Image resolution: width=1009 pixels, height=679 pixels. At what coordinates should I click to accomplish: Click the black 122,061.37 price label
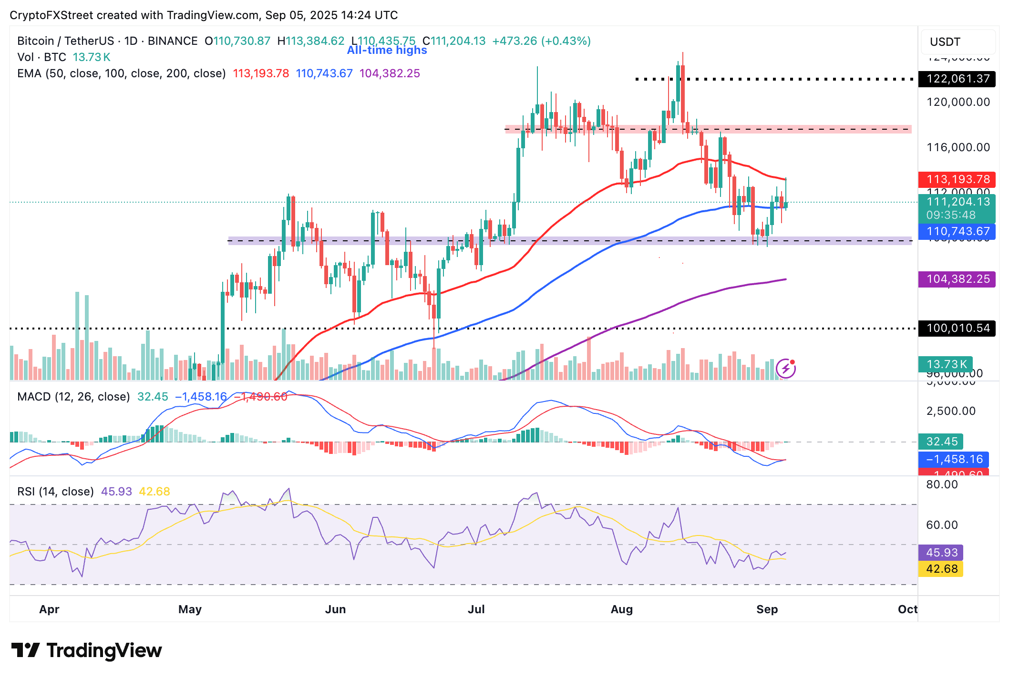click(957, 79)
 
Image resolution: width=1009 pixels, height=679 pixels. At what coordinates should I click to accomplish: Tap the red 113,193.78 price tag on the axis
click(957, 180)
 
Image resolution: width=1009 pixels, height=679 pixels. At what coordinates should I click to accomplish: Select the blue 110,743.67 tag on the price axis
click(957, 232)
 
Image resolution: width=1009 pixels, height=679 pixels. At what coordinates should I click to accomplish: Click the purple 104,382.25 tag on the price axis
click(957, 279)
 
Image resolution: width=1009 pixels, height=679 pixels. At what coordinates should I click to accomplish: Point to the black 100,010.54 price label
click(957, 329)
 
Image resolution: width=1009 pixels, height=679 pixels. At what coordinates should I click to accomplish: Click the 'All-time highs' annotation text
click(387, 50)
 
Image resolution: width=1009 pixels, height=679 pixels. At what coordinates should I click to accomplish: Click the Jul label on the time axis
click(476, 609)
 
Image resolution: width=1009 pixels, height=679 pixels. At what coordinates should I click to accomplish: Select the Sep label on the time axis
click(767, 609)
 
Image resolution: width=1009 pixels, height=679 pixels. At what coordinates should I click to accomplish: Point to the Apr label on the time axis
click(49, 609)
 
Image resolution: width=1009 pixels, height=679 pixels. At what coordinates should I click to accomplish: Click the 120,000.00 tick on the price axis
click(958, 102)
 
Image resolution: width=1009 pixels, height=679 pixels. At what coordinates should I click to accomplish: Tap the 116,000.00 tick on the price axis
click(958, 147)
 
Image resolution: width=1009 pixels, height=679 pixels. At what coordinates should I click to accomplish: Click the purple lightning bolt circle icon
click(785, 368)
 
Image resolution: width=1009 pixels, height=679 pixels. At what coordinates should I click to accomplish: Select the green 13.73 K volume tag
click(946, 365)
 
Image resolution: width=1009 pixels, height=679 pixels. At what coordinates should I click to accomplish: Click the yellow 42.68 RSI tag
click(941, 569)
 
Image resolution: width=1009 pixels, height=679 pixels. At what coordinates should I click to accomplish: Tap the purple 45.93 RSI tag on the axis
click(941, 553)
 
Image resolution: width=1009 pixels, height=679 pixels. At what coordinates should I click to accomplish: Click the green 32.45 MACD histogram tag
click(941, 442)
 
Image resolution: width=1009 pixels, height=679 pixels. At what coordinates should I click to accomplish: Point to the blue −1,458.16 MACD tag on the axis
click(954, 459)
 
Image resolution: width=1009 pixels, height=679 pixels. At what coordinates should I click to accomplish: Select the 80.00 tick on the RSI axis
click(941, 485)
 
